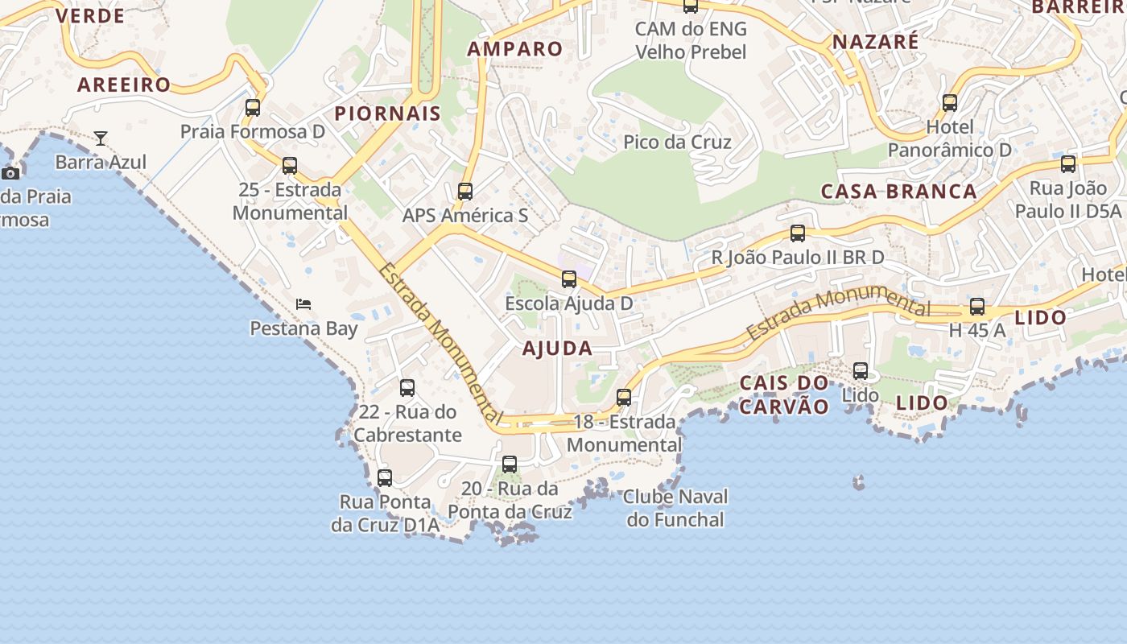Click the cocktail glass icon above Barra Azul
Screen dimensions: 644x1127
101,138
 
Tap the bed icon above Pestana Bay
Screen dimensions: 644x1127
303,304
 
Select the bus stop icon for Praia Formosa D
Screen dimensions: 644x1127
253,107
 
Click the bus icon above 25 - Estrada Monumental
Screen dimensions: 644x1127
290,166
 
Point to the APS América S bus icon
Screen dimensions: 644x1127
465,192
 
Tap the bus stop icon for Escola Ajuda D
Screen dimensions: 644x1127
569,279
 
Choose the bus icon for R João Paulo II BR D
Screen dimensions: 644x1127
798,233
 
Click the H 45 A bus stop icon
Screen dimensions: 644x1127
977,306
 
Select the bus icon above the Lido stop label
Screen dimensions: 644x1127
861,371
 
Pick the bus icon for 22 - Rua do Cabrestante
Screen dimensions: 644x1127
407,388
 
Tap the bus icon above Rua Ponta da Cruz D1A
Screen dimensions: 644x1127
385,478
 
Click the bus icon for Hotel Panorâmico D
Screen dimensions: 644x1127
950,103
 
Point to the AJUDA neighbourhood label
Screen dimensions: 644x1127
557,349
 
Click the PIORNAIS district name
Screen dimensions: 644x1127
388,114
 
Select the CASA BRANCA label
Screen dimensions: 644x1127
898,192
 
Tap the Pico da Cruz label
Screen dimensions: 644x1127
677,142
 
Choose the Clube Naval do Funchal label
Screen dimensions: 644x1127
676,508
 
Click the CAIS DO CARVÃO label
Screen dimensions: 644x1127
783,394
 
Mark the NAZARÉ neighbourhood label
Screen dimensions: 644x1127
875,42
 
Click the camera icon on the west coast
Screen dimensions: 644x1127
10,173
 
